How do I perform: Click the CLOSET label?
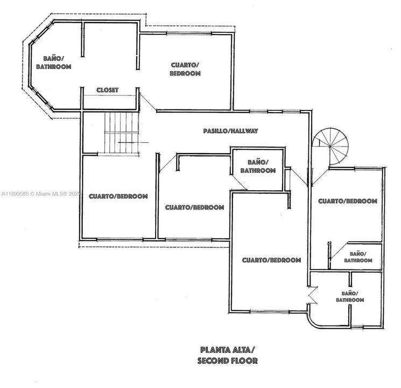click(x=107, y=90)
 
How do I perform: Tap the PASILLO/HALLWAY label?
click(x=231, y=131)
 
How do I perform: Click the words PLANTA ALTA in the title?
click(x=226, y=349)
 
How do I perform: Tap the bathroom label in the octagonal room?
click(x=54, y=63)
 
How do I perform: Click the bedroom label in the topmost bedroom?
click(x=185, y=69)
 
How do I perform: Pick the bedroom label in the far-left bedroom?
click(x=118, y=197)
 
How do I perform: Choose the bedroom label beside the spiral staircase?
click(x=347, y=201)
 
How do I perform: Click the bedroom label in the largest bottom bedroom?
click(x=271, y=260)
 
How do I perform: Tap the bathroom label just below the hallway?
click(x=258, y=166)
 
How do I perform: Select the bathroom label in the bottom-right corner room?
click(x=349, y=296)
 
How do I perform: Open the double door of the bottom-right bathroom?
click(x=312, y=295)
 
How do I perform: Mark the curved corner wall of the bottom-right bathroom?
click(x=313, y=321)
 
